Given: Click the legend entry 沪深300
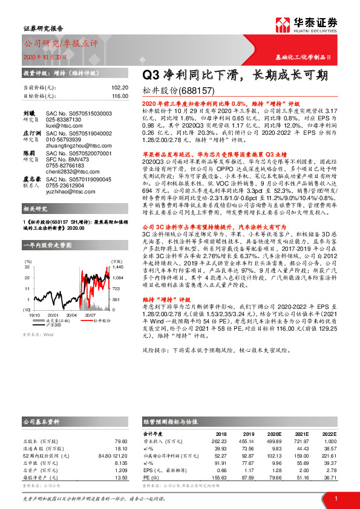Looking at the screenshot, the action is click(54, 325).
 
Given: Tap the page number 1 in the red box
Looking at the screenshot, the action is click(335, 499).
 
